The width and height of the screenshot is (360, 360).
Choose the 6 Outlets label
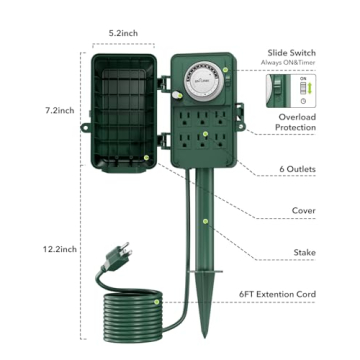[x=295, y=170]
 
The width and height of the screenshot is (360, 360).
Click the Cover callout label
[x=303, y=211]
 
